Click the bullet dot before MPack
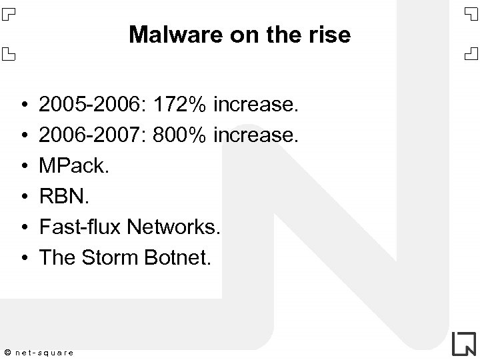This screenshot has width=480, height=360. (x=23, y=167)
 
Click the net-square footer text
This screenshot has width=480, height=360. (x=45, y=351)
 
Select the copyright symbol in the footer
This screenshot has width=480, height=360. (x=7, y=351)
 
